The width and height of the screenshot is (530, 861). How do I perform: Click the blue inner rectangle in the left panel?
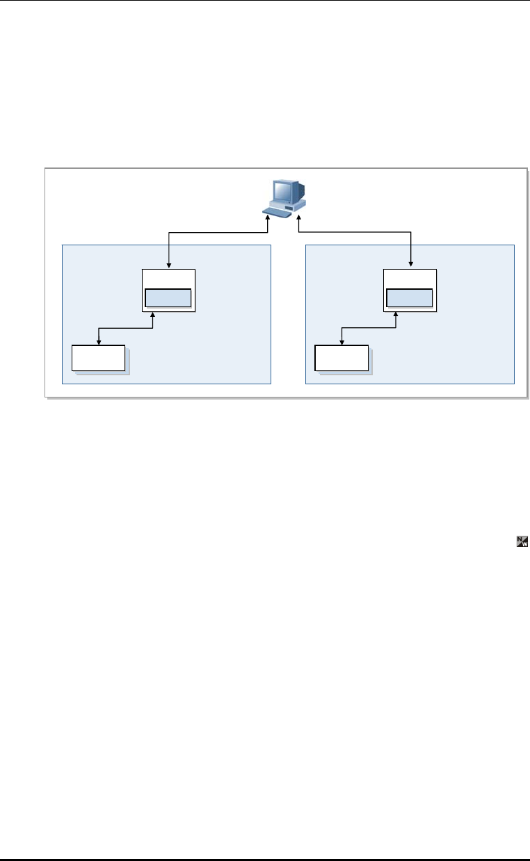pos(168,298)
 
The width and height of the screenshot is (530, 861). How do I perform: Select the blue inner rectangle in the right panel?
pos(410,298)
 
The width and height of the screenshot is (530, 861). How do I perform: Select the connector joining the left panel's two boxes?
pos(125,328)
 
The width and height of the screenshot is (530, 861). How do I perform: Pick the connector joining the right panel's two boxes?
pos(369,328)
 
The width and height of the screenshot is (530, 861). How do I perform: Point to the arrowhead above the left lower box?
pos(99,341)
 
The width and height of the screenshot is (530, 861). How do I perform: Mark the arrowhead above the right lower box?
pos(342,341)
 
